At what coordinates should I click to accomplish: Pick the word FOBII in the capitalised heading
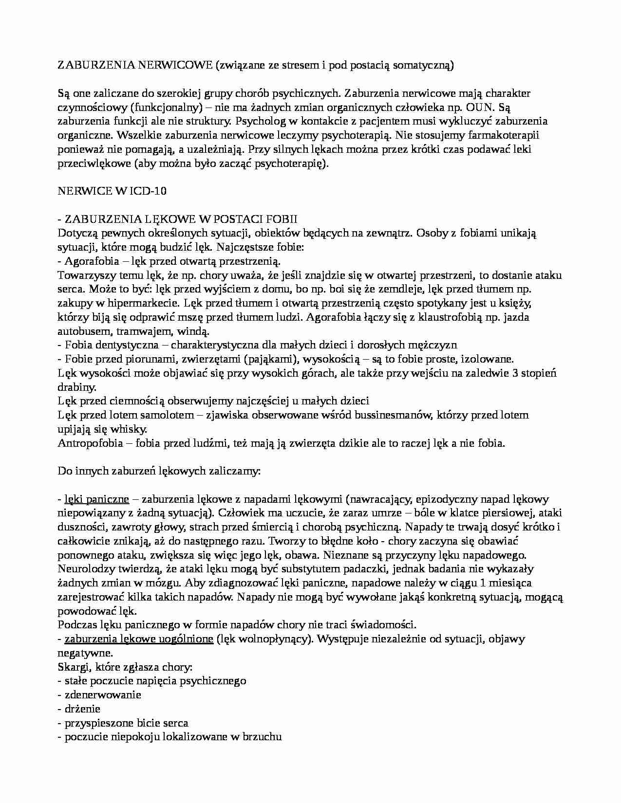tap(281, 219)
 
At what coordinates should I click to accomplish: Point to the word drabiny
tap(77, 387)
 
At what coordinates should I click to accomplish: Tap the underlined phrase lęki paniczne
tap(97, 499)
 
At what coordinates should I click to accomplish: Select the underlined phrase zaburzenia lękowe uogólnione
tap(139, 639)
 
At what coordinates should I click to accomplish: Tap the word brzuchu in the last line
tap(263, 737)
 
